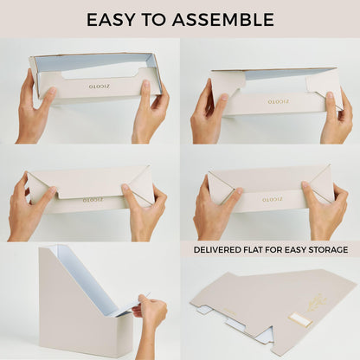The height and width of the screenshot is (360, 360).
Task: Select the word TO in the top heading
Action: tap(163, 19)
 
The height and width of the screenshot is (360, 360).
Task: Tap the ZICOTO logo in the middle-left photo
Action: tap(89, 199)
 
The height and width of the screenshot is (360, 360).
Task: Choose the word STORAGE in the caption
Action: tap(327, 249)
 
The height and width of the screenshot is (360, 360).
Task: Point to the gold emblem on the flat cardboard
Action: tap(316, 303)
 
